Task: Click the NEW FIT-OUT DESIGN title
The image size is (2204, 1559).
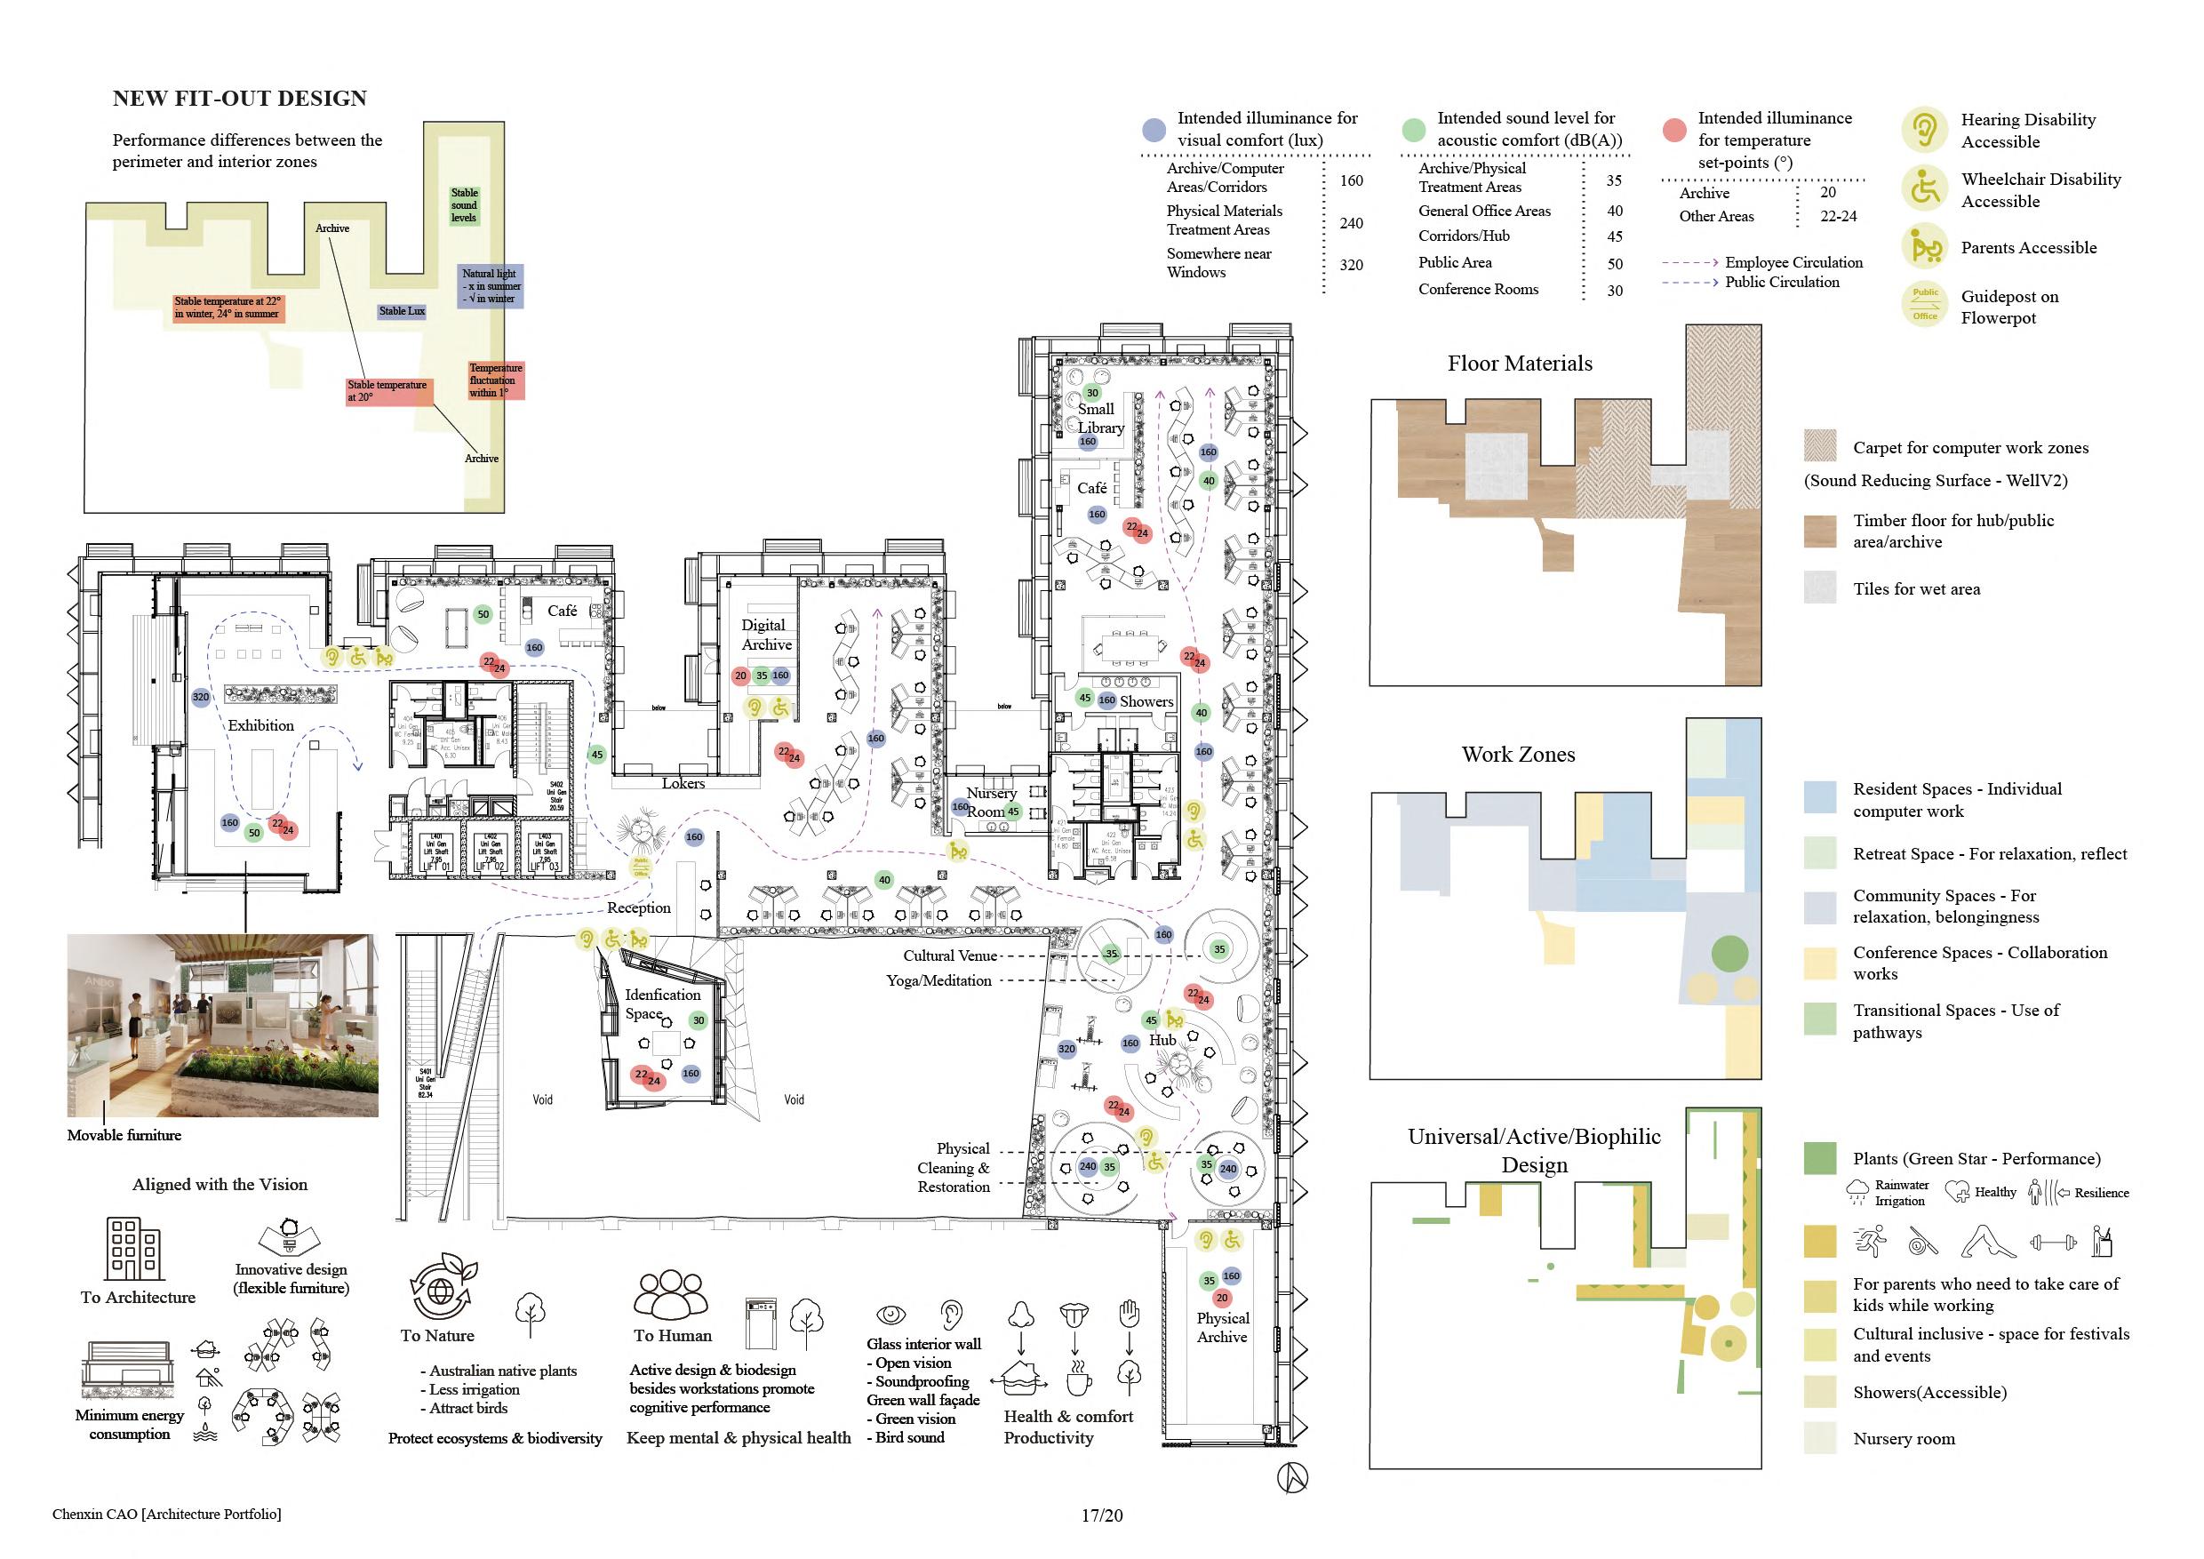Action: coord(239,99)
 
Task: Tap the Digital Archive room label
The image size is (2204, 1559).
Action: coord(766,635)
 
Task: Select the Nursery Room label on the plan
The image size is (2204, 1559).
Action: coord(991,802)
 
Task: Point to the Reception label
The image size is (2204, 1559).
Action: coord(638,907)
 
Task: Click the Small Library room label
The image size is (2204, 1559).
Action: coord(1099,419)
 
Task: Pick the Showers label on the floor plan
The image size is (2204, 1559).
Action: coord(1146,702)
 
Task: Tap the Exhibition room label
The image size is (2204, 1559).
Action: coord(260,726)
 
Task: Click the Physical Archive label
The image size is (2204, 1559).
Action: coord(1222,1328)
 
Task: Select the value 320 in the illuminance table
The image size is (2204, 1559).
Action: coord(1351,265)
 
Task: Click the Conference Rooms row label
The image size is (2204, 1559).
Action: coord(1478,289)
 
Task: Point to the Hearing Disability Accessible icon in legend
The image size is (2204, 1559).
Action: coord(1924,130)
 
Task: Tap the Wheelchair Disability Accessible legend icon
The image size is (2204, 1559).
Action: coord(1924,188)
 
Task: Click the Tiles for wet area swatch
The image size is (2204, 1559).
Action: coord(1820,588)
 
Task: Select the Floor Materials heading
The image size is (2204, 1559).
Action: coord(1520,364)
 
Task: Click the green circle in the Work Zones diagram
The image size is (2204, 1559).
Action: coord(1729,953)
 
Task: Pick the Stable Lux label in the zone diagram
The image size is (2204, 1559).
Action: coord(401,311)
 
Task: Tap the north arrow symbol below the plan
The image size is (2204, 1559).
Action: coord(1292,1477)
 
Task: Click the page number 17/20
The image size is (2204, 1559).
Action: coord(1101,1515)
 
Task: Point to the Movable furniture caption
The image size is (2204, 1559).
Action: coord(124,1135)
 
